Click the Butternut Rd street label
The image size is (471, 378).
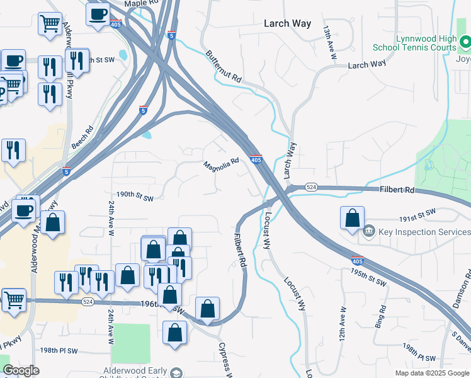click(224, 67)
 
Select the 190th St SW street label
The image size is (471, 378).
click(135, 198)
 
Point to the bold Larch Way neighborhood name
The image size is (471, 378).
click(287, 23)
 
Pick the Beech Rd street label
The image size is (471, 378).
click(82, 137)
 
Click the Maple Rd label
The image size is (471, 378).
click(140, 4)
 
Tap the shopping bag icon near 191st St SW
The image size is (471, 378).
click(353, 218)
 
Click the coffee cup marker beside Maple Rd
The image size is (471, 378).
click(98, 14)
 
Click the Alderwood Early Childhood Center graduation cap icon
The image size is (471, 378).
click(176, 373)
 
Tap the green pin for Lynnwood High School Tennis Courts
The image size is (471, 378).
click(465, 42)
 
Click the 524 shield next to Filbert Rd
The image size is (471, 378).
click(311, 188)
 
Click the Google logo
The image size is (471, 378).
click(21, 370)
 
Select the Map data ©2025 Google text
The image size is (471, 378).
click(431, 373)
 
